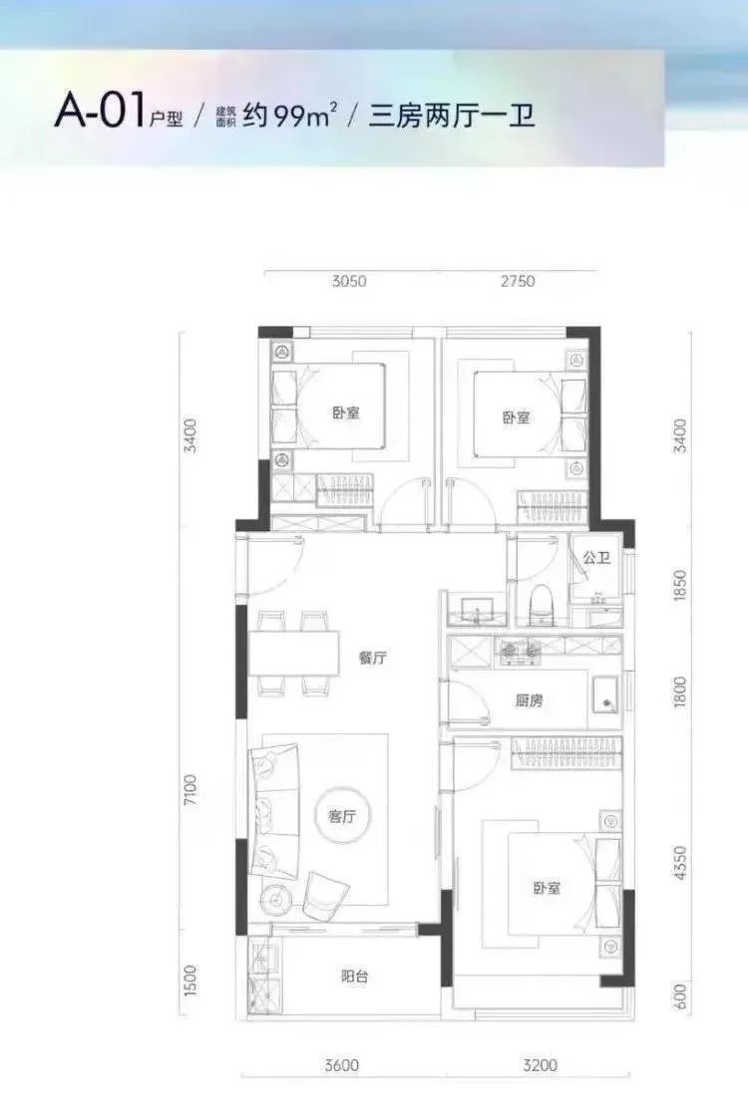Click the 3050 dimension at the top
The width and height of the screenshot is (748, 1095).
[x=348, y=281]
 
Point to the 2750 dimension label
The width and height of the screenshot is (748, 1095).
[x=516, y=281]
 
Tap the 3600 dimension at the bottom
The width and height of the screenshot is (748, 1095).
[x=341, y=1065]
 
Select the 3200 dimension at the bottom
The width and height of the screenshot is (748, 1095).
[x=540, y=1065]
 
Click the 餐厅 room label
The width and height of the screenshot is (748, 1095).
[x=372, y=658]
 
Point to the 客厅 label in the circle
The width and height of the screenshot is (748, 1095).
[x=342, y=817]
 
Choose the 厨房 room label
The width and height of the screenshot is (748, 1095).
[x=530, y=700]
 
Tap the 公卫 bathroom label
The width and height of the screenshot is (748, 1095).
[x=596, y=559]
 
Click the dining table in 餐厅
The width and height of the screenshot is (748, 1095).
[x=295, y=654]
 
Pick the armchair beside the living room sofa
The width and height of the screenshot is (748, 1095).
[x=323, y=895]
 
